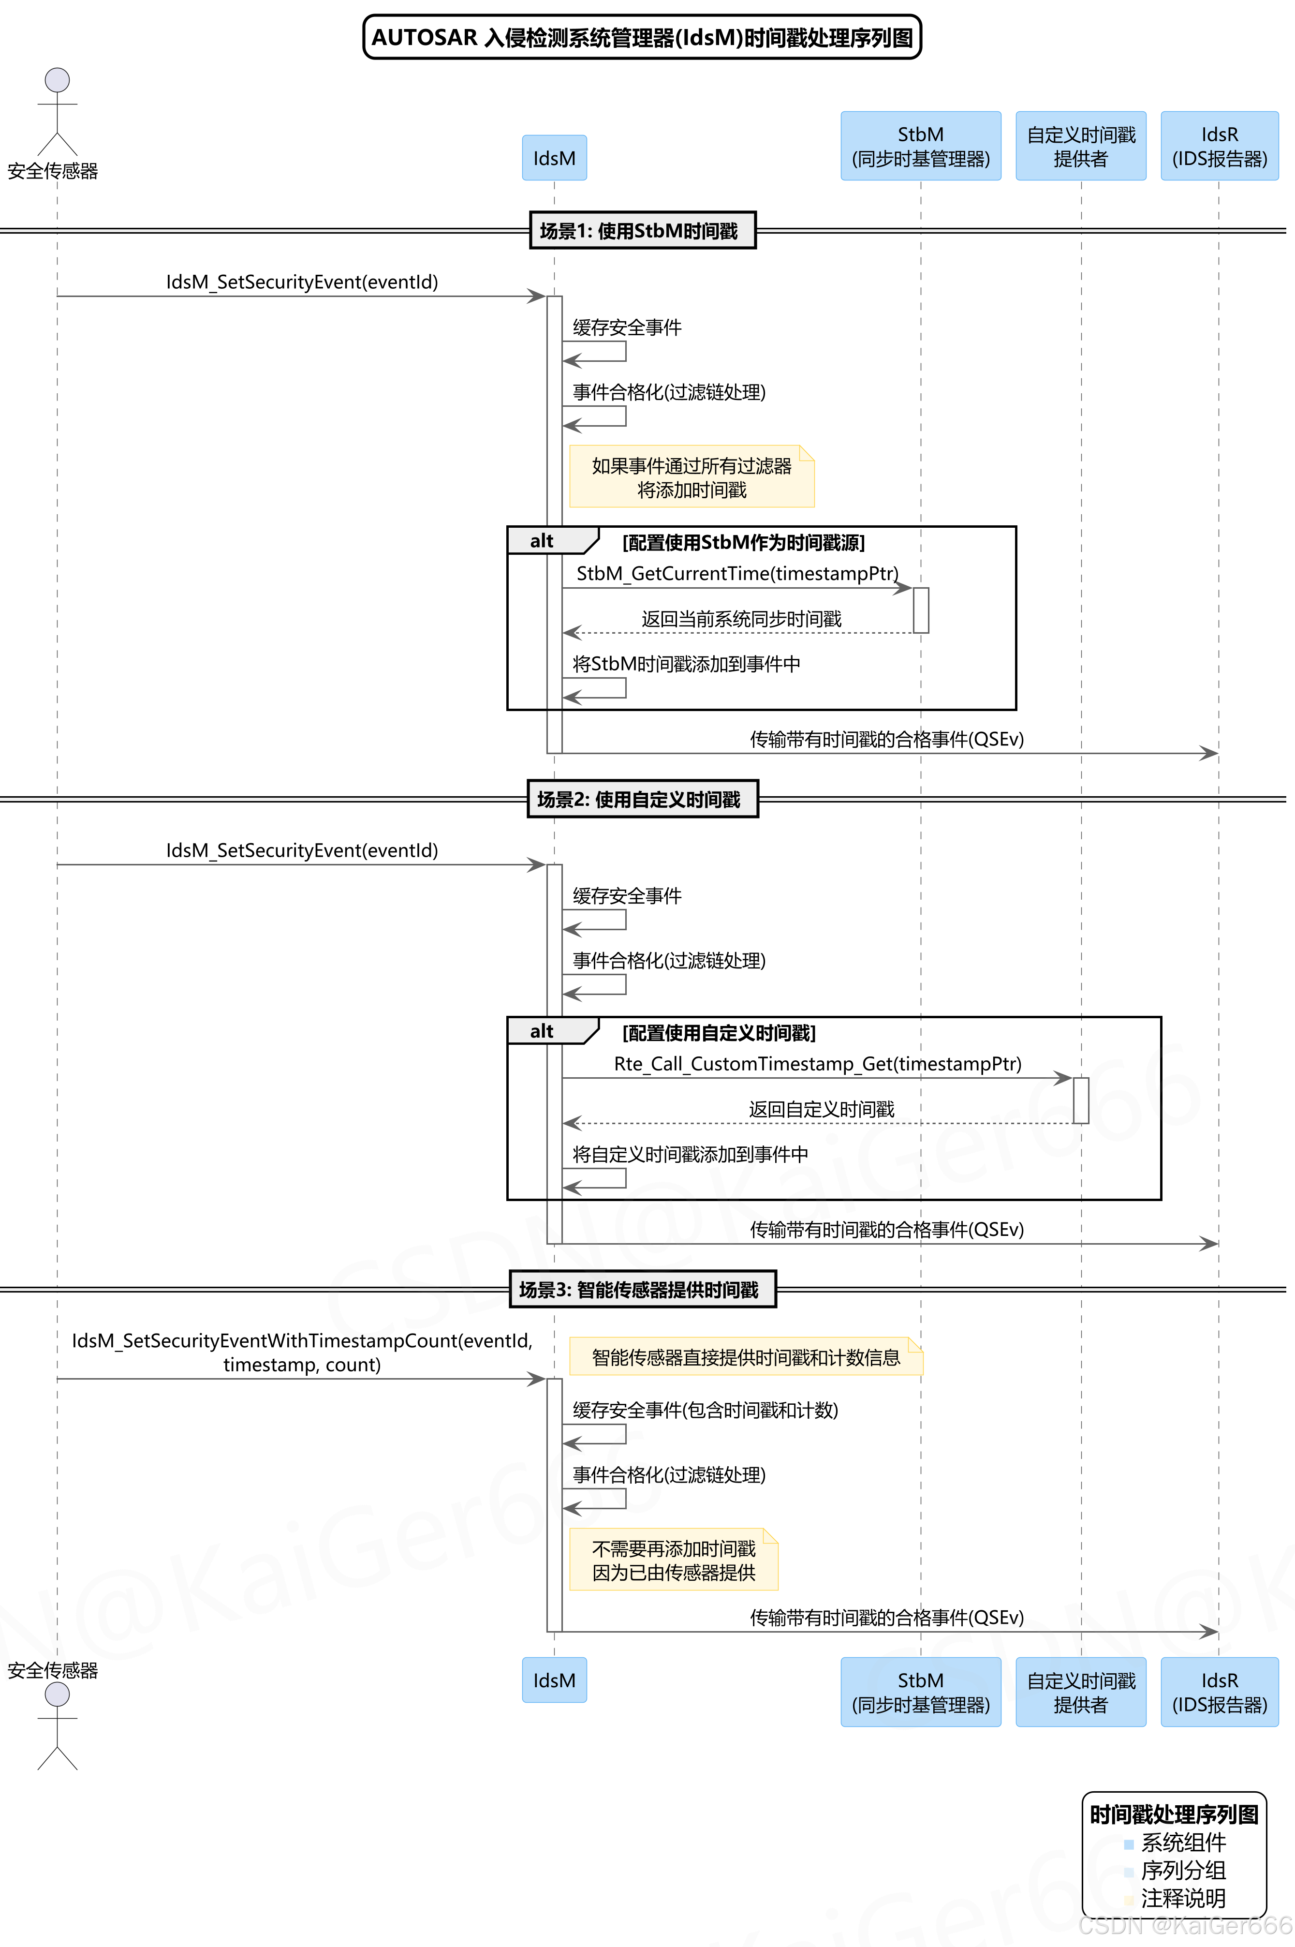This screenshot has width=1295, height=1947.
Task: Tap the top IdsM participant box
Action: [x=554, y=158]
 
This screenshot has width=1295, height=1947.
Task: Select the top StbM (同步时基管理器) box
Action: [x=920, y=146]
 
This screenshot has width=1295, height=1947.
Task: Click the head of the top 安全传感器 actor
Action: [x=57, y=80]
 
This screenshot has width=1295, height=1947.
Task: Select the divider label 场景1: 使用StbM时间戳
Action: [x=642, y=230]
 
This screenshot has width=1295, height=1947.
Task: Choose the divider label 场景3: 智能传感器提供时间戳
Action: [x=642, y=1290]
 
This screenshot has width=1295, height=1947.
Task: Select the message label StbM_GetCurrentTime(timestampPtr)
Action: [x=736, y=573]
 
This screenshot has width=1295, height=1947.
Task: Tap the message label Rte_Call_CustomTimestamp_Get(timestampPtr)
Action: [x=817, y=1064]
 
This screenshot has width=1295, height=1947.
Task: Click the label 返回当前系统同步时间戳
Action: [x=741, y=619]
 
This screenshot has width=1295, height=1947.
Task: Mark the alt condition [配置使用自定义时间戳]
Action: [x=719, y=1033]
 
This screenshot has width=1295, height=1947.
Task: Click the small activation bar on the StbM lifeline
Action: [x=921, y=610]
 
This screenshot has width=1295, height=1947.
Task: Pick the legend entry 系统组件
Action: [x=1183, y=1842]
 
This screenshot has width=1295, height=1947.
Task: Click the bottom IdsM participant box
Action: [x=554, y=1680]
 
